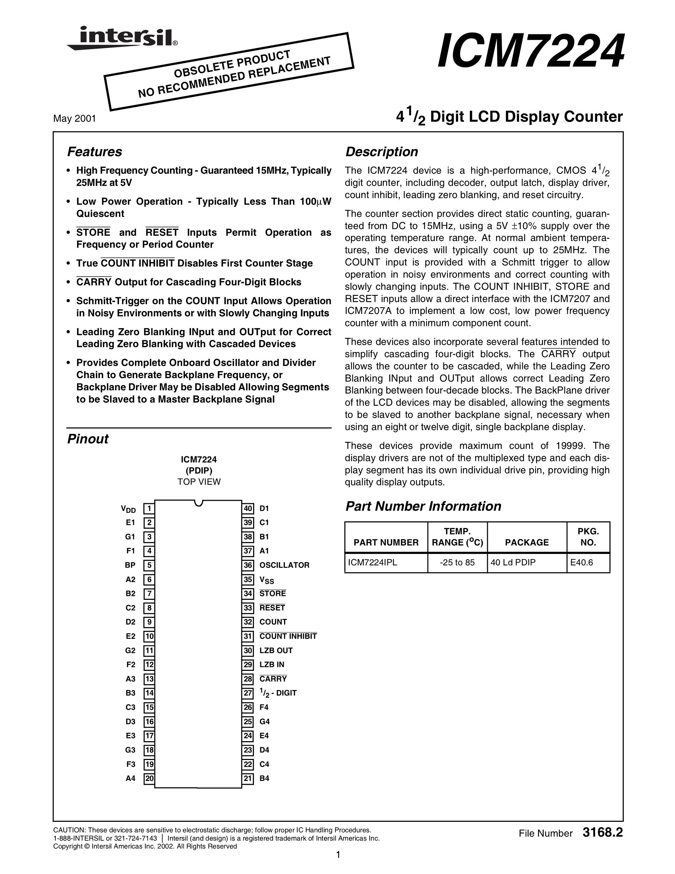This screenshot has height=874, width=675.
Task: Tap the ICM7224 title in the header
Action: [530, 51]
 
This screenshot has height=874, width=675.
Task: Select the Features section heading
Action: [94, 152]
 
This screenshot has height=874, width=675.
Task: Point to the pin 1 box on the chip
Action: [149, 509]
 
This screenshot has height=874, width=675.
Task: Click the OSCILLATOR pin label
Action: [284, 565]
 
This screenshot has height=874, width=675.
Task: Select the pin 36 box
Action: [248, 565]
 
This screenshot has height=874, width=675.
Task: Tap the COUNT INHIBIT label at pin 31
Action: [288, 636]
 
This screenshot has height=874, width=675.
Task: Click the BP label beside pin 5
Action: [130, 565]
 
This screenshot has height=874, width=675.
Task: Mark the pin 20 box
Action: [149, 778]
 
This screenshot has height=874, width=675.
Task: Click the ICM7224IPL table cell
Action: [372, 562]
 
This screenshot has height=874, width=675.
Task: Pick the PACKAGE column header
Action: [527, 542]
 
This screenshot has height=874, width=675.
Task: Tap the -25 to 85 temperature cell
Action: [457, 562]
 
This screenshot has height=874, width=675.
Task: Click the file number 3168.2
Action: [603, 833]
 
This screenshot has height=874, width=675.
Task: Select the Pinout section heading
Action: [88, 439]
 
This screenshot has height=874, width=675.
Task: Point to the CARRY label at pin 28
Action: [273, 679]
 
